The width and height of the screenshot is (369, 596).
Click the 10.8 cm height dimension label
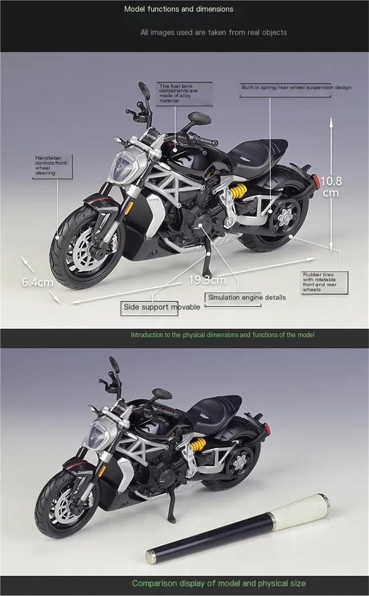(331, 187)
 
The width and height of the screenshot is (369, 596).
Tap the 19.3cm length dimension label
(207, 280)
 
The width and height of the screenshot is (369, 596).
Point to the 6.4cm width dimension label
(37, 282)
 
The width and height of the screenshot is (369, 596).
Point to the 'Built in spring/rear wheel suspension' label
(296, 87)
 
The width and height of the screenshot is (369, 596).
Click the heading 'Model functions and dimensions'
(179, 9)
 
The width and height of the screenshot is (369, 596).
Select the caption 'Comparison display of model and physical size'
(219, 583)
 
